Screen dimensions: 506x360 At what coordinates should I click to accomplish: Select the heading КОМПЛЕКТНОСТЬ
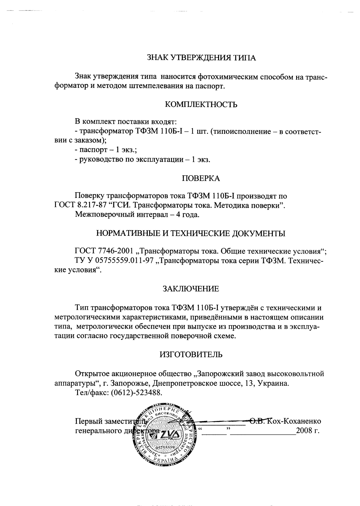[x=201, y=105]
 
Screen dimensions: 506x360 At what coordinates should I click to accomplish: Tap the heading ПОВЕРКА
[x=201, y=179]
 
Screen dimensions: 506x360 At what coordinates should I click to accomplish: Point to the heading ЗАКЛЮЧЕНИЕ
[x=190, y=289]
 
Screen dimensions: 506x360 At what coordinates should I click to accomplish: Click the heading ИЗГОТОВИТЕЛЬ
[x=191, y=355]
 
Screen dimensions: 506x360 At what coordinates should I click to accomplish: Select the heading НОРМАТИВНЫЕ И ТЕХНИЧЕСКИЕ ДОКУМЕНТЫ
[x=191, y=234]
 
